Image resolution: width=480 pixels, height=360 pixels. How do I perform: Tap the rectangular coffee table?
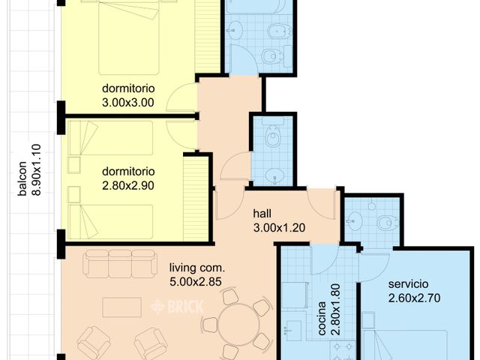coord(121,307)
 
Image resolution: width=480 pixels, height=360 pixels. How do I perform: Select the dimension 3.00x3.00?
coord(128,103)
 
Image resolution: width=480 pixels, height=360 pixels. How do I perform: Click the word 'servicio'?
coord(409,284)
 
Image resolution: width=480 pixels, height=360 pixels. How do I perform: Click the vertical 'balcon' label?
coord(22,180)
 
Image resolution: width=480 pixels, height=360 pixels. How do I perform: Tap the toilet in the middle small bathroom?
coord(271,138)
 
